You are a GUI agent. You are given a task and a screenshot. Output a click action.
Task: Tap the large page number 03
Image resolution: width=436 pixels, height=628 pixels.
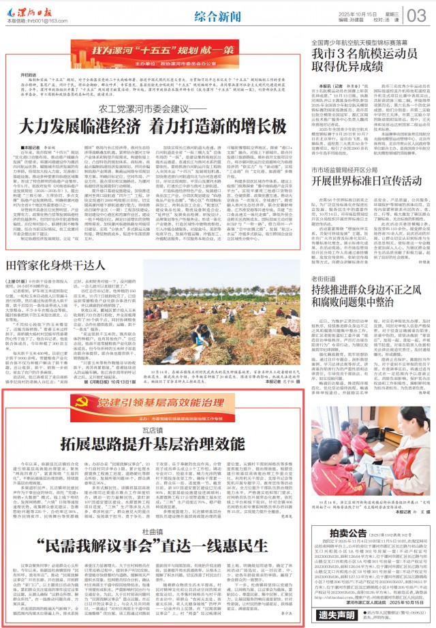tap(417, 15)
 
